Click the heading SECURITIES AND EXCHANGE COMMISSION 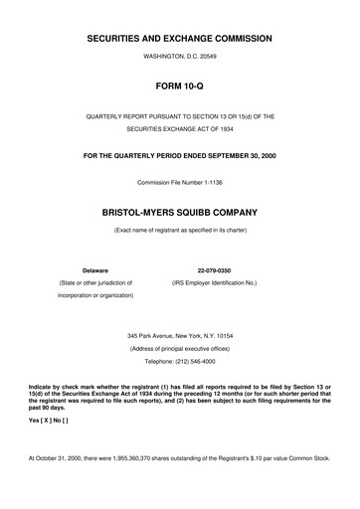(180, 38)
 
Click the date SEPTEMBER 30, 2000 (236, 155)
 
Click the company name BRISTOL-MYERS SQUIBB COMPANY (180, 213)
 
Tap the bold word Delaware (94, 269)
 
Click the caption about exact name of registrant (180, 231)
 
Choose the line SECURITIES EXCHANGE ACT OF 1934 (180, 129)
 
